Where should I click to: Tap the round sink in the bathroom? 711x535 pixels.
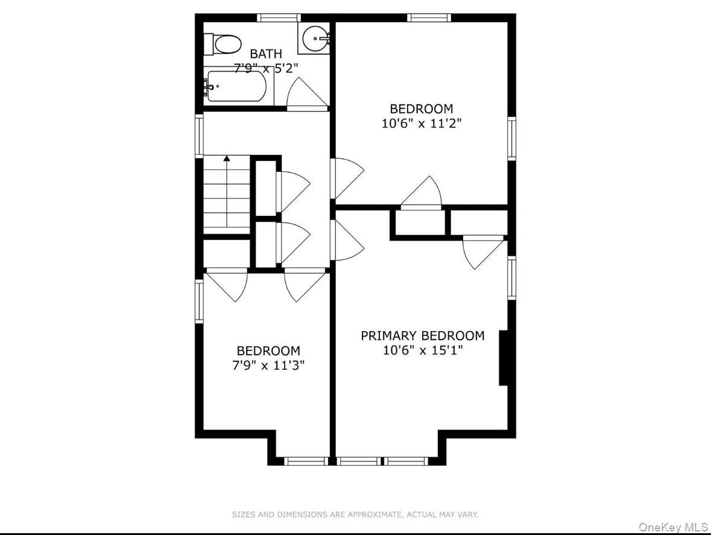click(315, 40)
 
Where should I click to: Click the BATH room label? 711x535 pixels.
click(265, 54)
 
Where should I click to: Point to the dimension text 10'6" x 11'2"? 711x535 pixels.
click(421, 124)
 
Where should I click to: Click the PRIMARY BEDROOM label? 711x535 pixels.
click(422, 335)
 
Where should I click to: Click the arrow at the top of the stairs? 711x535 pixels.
click(227, 159)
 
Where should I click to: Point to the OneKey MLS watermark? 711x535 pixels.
click(673, 527)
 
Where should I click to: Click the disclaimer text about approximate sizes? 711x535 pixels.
click(355, 514)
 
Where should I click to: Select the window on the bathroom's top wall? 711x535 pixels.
click(278, 17)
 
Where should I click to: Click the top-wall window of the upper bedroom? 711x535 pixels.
click(429, 17)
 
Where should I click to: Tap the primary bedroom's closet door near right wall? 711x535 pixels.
click(482, 252)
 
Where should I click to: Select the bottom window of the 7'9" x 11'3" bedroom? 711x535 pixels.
click(306, 461)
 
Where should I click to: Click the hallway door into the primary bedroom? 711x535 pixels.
click(347, 242)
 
